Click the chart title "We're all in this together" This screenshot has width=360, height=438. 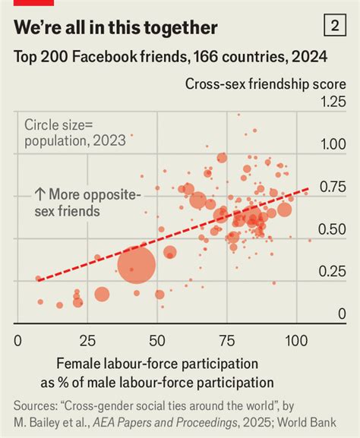pos(116,28)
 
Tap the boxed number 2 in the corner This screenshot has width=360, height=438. pos(334,27)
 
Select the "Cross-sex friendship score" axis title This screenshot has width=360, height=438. pos(265,84)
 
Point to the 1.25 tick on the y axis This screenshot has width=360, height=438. pos(332,102)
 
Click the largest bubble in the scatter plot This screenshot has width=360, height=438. pos(137,266)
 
